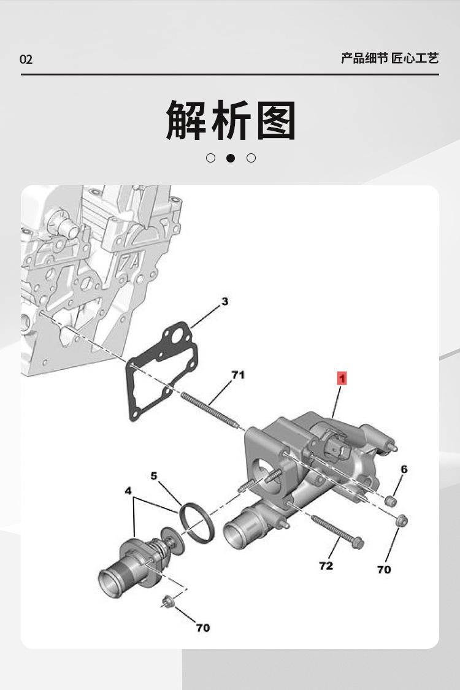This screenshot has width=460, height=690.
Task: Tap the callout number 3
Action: tap(225, 301)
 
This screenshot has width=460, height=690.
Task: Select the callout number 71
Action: tap(237, 374)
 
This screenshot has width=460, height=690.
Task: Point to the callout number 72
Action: tap(326, 565)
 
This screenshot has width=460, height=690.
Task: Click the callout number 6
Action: tap(404, 469)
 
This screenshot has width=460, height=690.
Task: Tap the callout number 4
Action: tap(128, 491)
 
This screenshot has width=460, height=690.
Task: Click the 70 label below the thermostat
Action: tap(202, 627)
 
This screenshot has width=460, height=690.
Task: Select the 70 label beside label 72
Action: tap(383, 570)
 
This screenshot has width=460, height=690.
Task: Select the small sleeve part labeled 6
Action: tap(389, 501)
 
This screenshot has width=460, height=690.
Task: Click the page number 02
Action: tap(26, 59)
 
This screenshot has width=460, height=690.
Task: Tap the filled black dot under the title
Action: tap(231, 158)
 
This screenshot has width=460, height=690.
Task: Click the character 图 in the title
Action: tap(277, 120)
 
